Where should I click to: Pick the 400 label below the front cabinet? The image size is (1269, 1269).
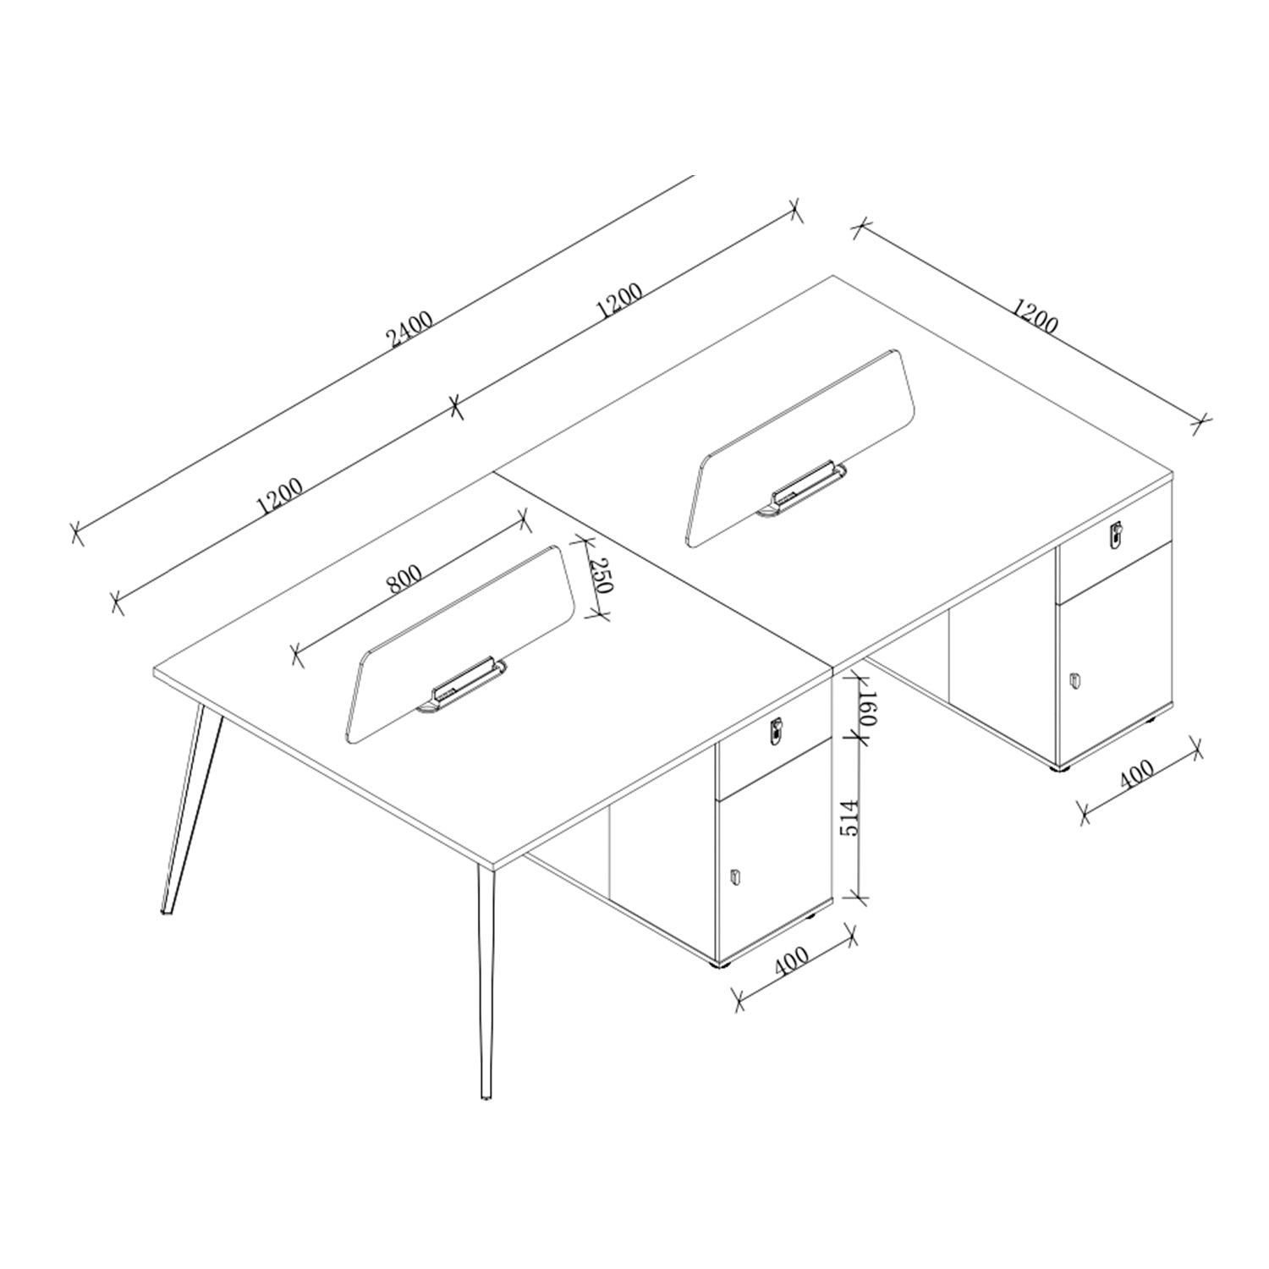click(x=791, y=961)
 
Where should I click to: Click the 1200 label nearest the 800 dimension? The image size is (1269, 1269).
click(x=279, y=497)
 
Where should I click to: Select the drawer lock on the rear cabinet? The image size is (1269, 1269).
click(x=1117, y=535)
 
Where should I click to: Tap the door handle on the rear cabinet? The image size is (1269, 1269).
click(x=1074, y=679)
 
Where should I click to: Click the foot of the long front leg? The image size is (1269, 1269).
click(x=486, y=1096)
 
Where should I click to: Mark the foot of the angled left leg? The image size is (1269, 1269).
click(x=167, y=911)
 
